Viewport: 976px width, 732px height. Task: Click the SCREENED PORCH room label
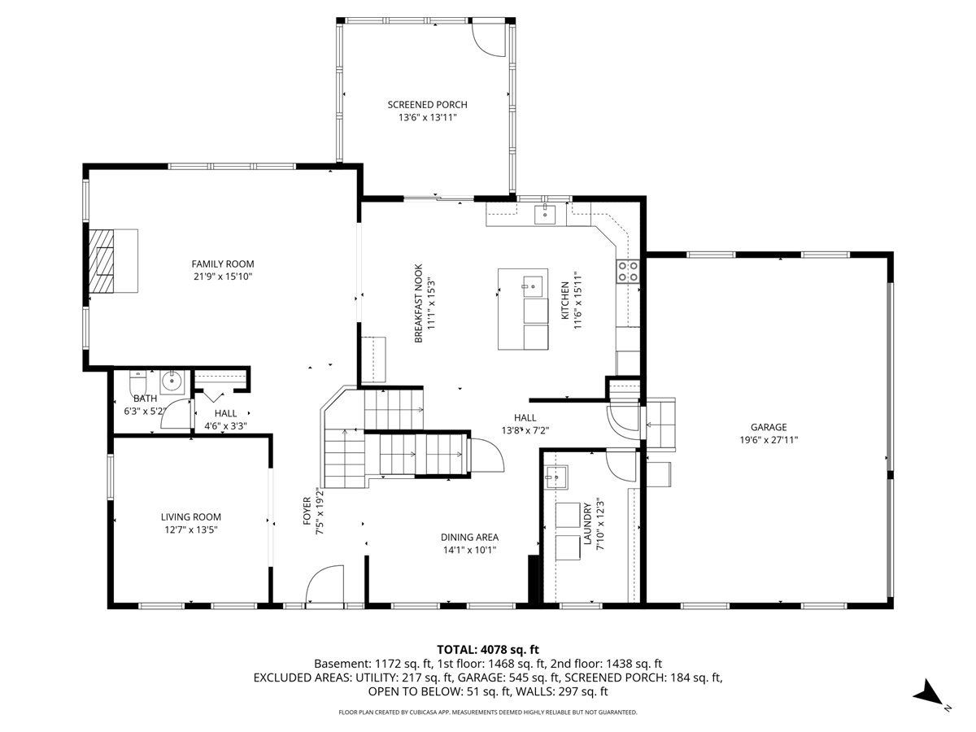coord(427,105)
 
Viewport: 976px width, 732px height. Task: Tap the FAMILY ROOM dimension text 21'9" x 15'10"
coord(222,277)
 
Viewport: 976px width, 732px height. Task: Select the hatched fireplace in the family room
coord(102,261)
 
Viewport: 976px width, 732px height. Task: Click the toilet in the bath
coord(137,382)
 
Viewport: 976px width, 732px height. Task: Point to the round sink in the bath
coord(172,381)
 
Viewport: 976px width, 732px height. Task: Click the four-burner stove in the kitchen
coord(627,271)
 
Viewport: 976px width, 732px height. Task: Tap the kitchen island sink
coord(532,285)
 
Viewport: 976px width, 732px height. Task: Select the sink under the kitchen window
coord(545,215)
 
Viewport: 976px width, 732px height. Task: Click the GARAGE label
coord(769,427)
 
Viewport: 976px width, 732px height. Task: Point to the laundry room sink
coord(556,477)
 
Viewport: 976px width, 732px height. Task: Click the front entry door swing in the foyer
coord(325,585)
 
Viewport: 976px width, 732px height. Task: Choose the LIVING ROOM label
coord(191,517)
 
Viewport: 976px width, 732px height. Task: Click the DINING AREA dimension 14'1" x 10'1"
coord(469,551)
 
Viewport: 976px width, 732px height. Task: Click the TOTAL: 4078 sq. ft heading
coord(488,649)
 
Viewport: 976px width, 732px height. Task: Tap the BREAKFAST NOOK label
coord(418,303)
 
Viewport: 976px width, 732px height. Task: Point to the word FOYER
coord(307,511)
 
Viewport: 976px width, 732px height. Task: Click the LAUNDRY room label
coord(588,524)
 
